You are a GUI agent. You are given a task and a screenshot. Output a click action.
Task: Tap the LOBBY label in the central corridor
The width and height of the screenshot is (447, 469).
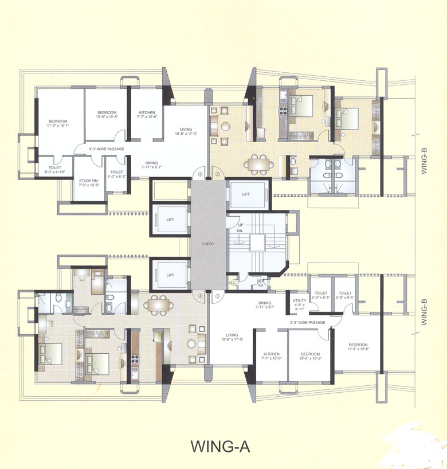coord(208,244)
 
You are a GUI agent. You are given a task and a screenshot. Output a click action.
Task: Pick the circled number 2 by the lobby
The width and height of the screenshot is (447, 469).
coord(217,173)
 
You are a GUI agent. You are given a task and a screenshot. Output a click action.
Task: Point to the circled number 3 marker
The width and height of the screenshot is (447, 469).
coord(217,296)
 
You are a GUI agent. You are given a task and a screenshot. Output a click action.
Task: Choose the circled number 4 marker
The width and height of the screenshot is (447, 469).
coord(200,296)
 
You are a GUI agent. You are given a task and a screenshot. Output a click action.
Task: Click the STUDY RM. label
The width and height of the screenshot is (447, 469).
coord(88,181)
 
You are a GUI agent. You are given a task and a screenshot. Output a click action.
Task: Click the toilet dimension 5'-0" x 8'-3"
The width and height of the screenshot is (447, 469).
coord(116,177)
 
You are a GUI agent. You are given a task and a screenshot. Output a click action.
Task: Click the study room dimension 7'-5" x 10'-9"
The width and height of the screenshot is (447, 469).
coord(88,185)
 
